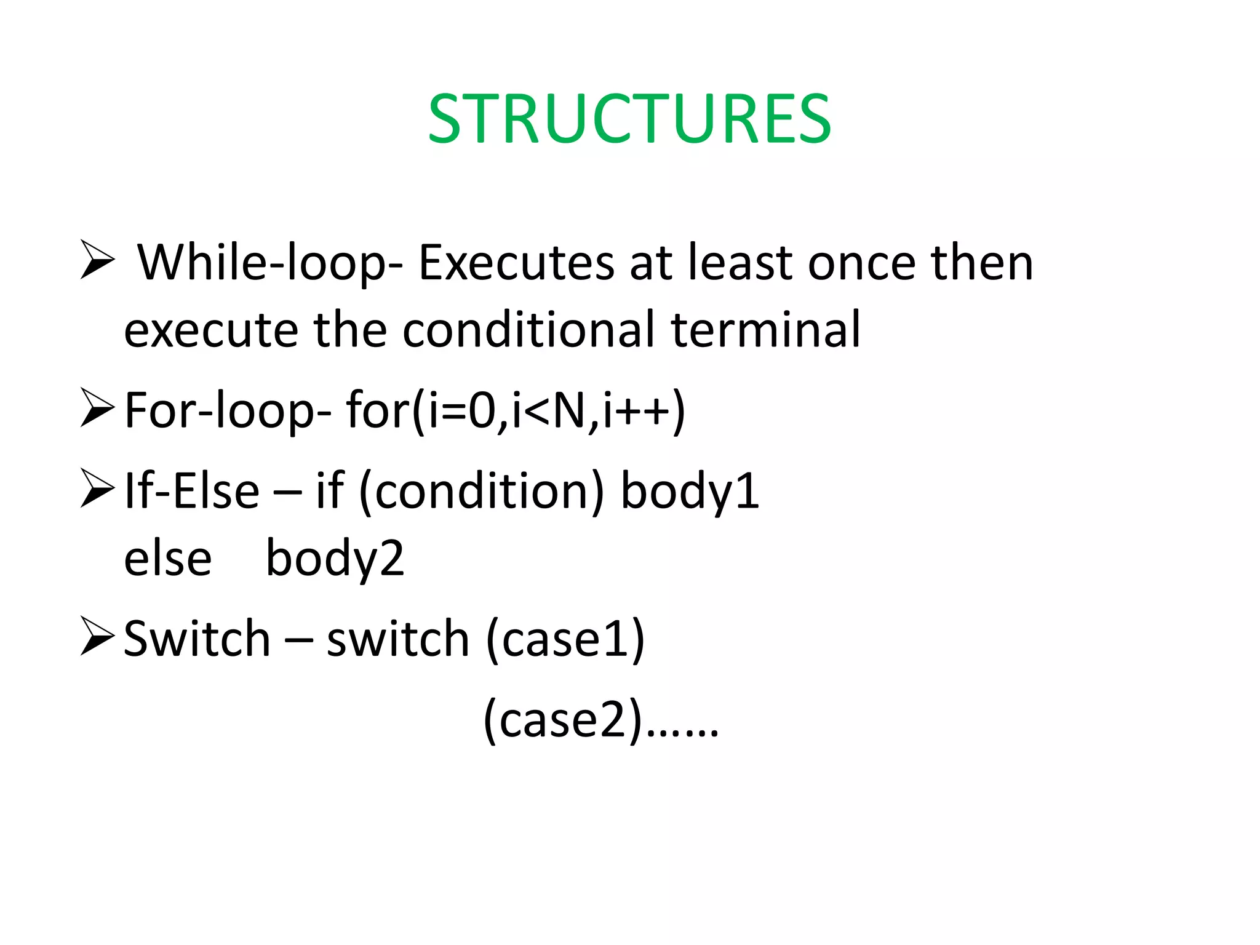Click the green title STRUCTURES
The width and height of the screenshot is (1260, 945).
click(629, 119)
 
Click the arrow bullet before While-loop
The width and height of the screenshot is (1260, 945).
click(97, 260)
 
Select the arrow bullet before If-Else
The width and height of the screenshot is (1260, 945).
click(97, 488)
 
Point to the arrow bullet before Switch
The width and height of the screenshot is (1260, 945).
click(97, 637)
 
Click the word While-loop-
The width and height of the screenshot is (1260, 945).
click(270, 263)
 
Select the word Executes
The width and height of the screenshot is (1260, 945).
click(516, 263)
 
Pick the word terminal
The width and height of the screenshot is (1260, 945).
click(765, 330)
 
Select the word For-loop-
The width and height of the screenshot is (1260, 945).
click(228, 411)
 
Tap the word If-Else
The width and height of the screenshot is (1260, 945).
click(192, 492)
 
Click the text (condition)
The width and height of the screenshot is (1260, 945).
click(482, 492)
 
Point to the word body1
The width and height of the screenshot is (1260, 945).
click(690, 492)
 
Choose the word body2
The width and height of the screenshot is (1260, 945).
click(335, 559)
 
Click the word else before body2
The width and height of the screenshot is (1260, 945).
click(167, 559)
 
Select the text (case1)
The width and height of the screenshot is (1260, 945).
click(565, 640)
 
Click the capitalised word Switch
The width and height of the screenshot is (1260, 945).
click(197, 640)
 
